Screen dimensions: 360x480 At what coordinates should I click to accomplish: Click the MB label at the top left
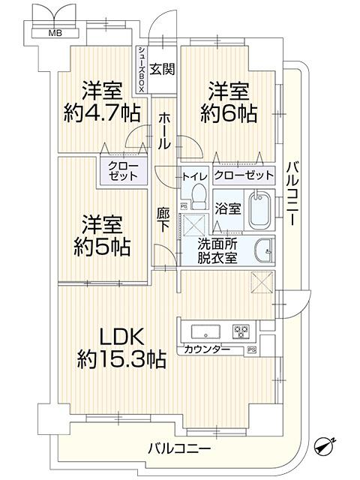pos(55,33)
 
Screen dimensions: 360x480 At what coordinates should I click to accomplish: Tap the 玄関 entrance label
pos(163,69)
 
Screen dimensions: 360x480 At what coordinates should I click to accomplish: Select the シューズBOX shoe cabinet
pos(142,70)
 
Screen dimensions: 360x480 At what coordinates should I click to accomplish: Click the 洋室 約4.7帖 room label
pos(102,103)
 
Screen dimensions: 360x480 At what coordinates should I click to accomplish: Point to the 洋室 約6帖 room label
pos(229,103)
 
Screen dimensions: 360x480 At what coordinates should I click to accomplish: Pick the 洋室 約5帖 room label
pos(102,235)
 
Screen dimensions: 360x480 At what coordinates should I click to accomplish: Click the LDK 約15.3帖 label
pos(121,348)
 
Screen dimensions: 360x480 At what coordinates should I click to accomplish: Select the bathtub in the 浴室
pos(260,211)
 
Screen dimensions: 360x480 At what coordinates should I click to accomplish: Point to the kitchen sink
pos(205,331)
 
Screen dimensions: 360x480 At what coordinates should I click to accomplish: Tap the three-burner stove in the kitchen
pos(241,331)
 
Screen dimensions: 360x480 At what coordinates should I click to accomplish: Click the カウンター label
pos(207,349)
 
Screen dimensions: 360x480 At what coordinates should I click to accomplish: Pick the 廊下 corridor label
pos(163,219)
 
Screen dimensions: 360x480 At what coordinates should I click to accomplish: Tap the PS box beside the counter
pos(251,349)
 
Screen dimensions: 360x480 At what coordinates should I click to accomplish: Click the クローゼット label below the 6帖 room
pos(243,175)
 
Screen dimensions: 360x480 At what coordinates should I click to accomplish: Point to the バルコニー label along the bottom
pos(179,449)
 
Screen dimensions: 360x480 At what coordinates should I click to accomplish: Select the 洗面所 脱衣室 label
pos(217,251)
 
